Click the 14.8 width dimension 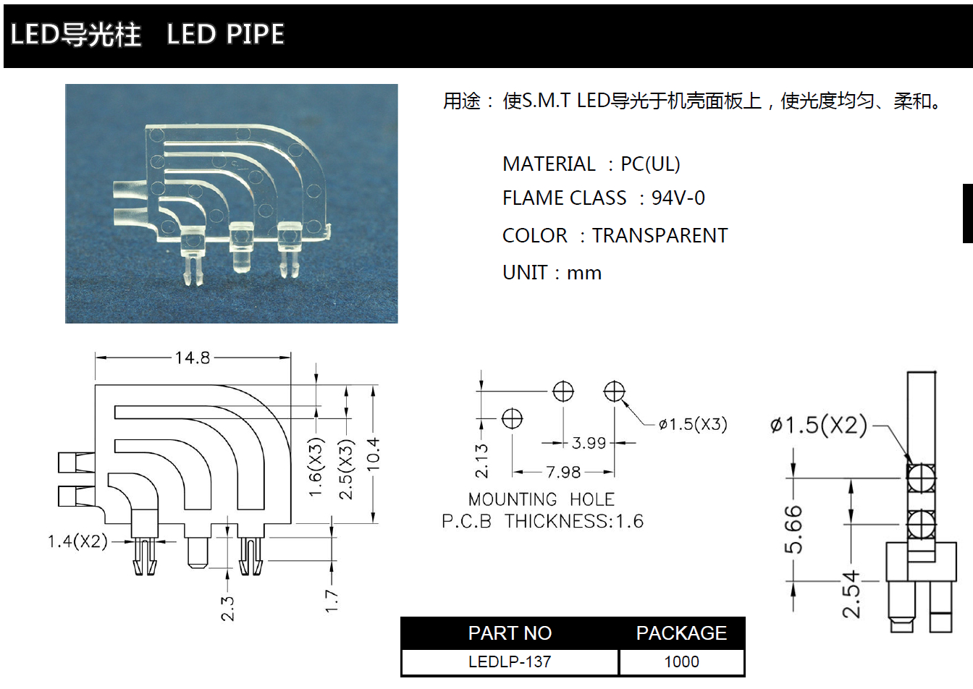(x=192, y=358)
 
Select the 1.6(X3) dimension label (x=316, y=468)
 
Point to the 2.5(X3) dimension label (x=347, y=469)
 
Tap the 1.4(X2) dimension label (x=77, y=541)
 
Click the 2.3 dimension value (x=227, y=609)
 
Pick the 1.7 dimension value (x=332, y=601)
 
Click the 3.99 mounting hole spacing (x=589, y=443)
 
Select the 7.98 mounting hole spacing (x=563, y=473)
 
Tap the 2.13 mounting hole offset (x=481, y=461)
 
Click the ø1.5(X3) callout (x=693, y=424)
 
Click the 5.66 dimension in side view (x=793, y=529)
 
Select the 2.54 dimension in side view (x=851, y=593)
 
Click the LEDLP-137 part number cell (x=510, y=661)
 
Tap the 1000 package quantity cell (x=681, y=661)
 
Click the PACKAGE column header (x=681, y=633)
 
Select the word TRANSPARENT (x=660, y=236)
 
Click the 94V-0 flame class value (x=678, y=198)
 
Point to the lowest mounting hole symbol (x=512, y=418)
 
